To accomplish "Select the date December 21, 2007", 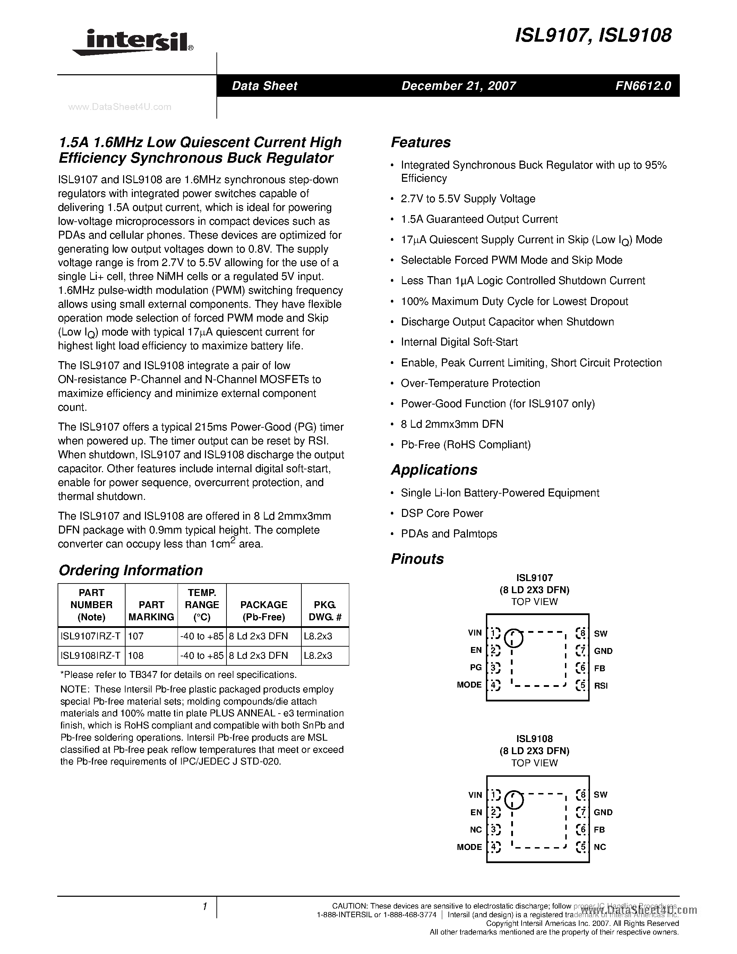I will [459, 86].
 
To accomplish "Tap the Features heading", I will [420, 142].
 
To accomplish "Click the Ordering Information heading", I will [130, 570].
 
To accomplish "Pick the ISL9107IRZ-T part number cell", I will [91, 637].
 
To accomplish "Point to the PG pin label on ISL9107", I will [476, 667].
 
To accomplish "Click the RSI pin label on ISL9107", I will [601, 686].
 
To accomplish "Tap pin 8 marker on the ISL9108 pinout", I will [581, 794].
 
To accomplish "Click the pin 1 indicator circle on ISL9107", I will [513, 638].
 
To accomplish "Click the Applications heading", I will [434, 470].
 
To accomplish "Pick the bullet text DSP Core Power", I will [442, 513].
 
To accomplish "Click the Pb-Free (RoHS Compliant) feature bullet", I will [465, 445].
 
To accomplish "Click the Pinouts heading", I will [417, 559].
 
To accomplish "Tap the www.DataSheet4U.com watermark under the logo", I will [120, 107].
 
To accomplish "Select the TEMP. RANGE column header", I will [202, 605].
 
